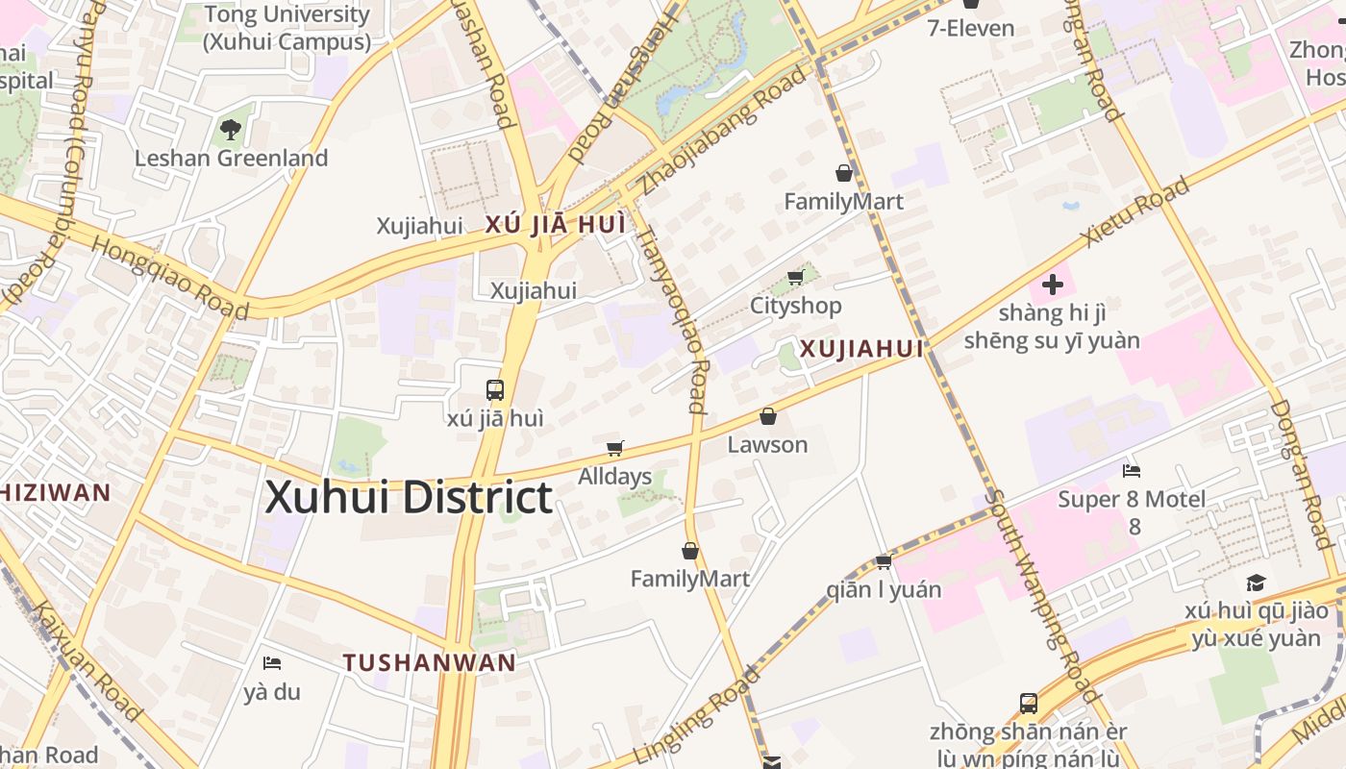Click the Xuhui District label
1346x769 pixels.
coord(409,498)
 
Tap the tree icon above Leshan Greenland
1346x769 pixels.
coord(231,129)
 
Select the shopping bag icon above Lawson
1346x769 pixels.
coord(767,416)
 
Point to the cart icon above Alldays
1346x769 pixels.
coord(615,448)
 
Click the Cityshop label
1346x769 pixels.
coord(796,306)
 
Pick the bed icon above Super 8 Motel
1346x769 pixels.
coord(1132,471)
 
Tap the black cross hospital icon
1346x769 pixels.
coord(1053,285)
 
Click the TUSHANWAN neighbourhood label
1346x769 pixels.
coord(430,662)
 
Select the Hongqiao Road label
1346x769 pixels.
coord(170,276)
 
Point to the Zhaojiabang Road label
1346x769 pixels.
coord(711,130)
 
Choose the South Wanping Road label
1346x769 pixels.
coord(1042,596)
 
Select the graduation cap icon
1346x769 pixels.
coord(1256,583)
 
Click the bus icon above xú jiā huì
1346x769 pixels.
coord(495,390)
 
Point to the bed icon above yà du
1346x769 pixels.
coord(272,663)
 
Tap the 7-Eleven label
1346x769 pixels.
coord(970,28)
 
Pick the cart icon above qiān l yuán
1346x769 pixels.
coord(884,561)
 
